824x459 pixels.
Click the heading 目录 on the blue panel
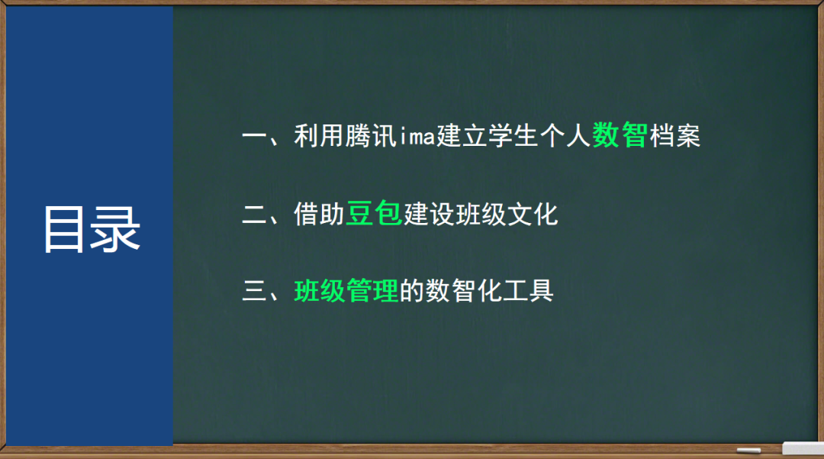click(92, 228)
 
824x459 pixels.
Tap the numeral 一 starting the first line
click(253, 138)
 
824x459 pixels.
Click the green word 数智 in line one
click(620, 137)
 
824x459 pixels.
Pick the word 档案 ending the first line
click(674, 138)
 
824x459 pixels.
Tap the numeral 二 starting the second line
click(253, 215)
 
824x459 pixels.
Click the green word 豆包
click(374, 215)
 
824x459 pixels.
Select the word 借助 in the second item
click(320, 215)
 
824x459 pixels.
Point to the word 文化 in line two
click(533, 215)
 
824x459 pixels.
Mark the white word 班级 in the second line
click(480, 215)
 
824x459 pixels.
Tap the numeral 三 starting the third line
click(253, 291)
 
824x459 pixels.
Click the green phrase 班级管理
click(346, 291)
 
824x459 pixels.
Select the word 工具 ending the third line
click(527, 291)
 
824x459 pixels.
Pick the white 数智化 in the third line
click(463, 291)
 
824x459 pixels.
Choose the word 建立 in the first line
click(462, 138)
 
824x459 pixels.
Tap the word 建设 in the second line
click(428, 215)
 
